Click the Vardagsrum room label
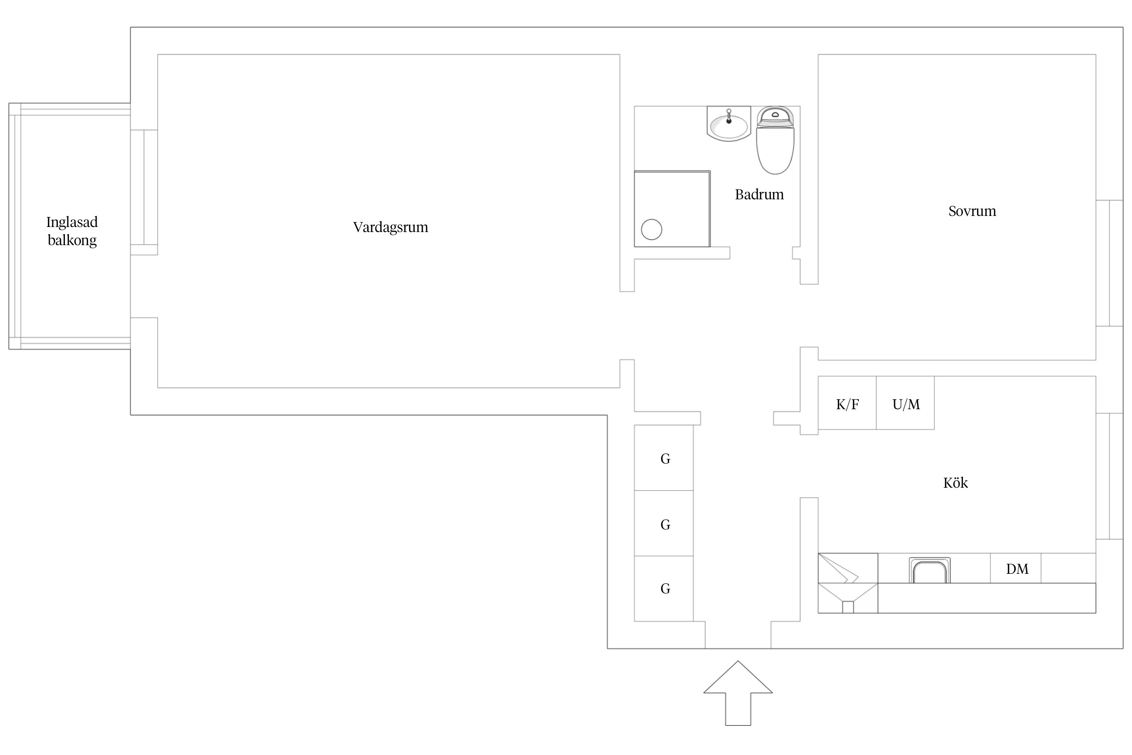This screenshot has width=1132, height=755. pyautogui.click(x=390, y=227)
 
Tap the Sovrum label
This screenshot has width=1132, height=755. pyautogui.click(x=972, y=211)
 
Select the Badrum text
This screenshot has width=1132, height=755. pyautogui.click(x=759, y=194)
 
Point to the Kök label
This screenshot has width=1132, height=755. pyautogui.click(x=955, y=483)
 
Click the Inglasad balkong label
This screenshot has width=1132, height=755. pyautogui.click(x=72, y=231)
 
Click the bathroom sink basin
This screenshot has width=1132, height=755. pyautogui.click(x=729, y=124)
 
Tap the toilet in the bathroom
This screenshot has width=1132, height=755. pyautogui.click(x=775, y=140)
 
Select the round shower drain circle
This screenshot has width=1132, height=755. pyautogui.click(x=652, y=230)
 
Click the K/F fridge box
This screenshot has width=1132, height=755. pyautogui.click(x=847, y=403)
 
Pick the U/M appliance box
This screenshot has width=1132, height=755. pyautogui.click(x=906, y=403)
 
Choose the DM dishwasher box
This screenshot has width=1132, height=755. pyautogui.click(x=1016, y=568)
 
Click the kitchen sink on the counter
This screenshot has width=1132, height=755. pyautogui.click(x=930, y=570)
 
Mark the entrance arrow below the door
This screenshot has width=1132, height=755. pyautogui.click(x=738, y=693)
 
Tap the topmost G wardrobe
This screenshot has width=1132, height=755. pyautogui.click(x=664, y=458)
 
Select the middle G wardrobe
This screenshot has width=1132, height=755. pyautogui.click(x=664, y=523)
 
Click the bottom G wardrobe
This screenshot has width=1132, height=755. pyautogui.click(x=664, y=588)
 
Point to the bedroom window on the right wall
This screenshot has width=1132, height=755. pyautogui.click(x=1109, y=263)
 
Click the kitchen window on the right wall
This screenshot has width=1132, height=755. pyautogui.click(x=1109, y=476)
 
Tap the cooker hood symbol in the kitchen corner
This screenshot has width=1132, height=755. pyautogui.click(x=848, y=583)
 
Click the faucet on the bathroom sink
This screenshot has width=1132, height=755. pyautogui.click(x=729, y=116)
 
